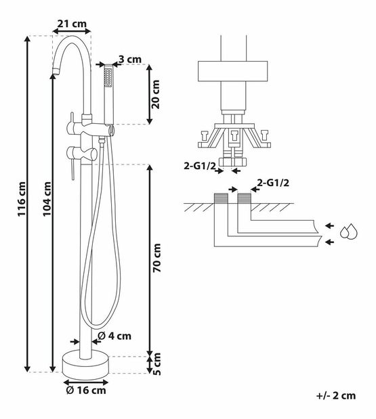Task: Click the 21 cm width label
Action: (72, 24)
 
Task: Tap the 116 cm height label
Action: (22, 199)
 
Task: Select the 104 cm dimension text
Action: (47, 199)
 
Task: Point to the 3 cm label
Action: (130, 60)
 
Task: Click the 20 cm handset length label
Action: (155, 94)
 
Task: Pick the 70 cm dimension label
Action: (156, 258)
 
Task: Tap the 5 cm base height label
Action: (157, 364)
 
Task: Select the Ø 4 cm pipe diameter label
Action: (114, 336)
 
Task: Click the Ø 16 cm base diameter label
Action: (86, 391)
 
